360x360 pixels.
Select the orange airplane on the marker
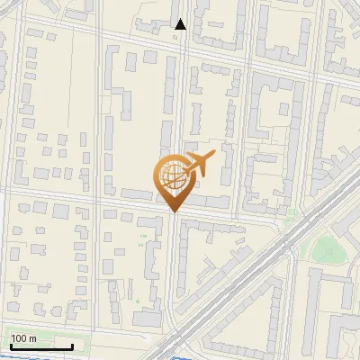click(196, 165)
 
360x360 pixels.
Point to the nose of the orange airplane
click(212, 156)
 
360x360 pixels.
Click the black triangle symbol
click(181, 24)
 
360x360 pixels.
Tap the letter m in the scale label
click(32, 338)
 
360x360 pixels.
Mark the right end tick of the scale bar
click(73, 346)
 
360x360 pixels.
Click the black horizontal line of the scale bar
click(40, 347)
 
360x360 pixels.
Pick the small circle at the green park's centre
click(327, 251)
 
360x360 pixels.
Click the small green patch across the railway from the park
click(290, 214)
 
